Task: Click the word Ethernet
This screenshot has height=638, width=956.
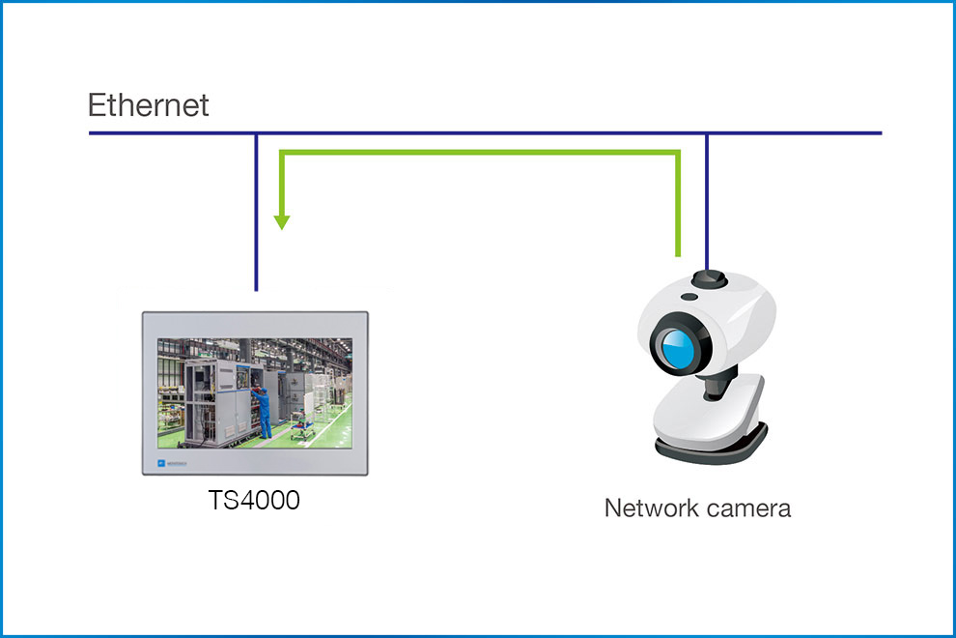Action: click(148, 104)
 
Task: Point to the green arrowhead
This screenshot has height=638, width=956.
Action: click(281, 221)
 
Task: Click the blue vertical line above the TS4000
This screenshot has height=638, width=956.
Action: click(256, 213)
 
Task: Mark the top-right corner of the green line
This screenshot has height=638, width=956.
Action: click(680, 152)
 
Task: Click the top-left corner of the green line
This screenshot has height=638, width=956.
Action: click(281, 152)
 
